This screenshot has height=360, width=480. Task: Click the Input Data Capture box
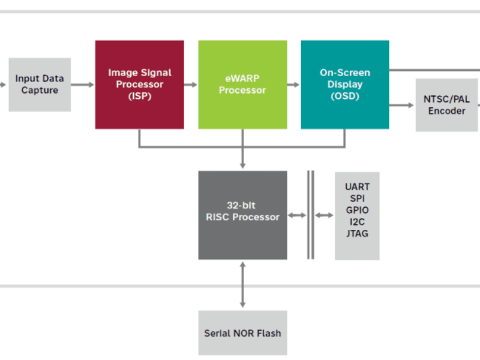tap(40, 85)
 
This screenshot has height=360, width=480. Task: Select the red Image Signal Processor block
tap(139, 85)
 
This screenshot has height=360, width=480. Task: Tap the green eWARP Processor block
tap(242, 85)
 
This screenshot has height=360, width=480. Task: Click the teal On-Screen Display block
tap(344, 85)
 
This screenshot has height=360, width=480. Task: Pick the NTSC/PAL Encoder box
tap(446, 104)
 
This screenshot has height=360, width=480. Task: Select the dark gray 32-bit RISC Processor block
tap(242, 215)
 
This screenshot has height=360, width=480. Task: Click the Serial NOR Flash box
tap(242, 333)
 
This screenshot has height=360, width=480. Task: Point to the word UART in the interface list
tap(357, 187)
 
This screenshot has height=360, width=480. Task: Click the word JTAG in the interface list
tap(357, 233)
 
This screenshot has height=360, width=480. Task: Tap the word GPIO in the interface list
tap(357, 210)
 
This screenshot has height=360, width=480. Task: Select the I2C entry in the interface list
tap(357, 222)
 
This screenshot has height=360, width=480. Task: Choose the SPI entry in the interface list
tap(357, 198)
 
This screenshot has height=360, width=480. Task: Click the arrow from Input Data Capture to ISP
tap(83, 85)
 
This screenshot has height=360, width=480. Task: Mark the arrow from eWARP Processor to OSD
tap(293, 85)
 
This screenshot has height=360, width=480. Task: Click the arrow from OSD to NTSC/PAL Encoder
tap(402, 105)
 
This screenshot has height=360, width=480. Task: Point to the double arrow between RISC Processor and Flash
tap(242, 285)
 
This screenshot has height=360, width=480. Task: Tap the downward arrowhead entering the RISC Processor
tap(242, 164)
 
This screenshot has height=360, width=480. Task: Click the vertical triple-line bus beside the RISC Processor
tap(310, 215)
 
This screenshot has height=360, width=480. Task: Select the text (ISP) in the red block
tap(139, 96)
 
